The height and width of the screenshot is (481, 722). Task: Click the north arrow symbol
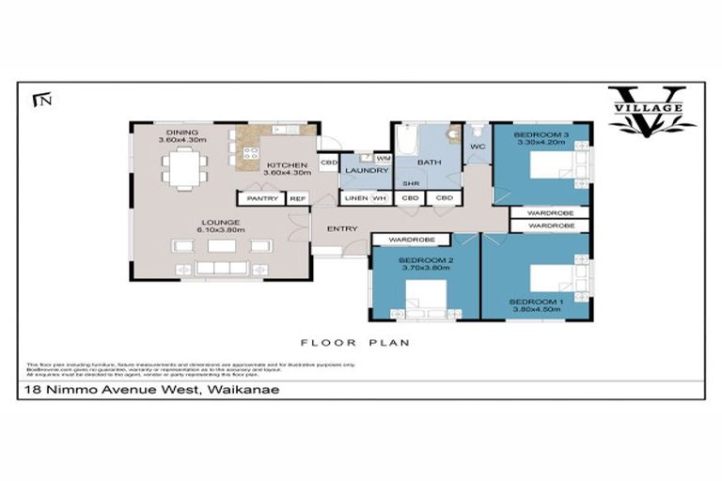(x=39, y=98)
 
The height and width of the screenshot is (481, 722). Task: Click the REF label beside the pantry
(x=298, y=198)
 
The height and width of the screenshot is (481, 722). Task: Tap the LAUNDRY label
(x=361, y=170)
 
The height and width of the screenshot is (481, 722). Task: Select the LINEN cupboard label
(x=354, y=198)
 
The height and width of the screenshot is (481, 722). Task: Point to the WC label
(x=476, y=147)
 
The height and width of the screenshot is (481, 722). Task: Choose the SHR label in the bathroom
(x=410, y=183)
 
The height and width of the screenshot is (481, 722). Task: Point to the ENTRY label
(x=339, y=227)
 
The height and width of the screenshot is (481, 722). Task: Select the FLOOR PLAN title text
(x=354, y=343)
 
